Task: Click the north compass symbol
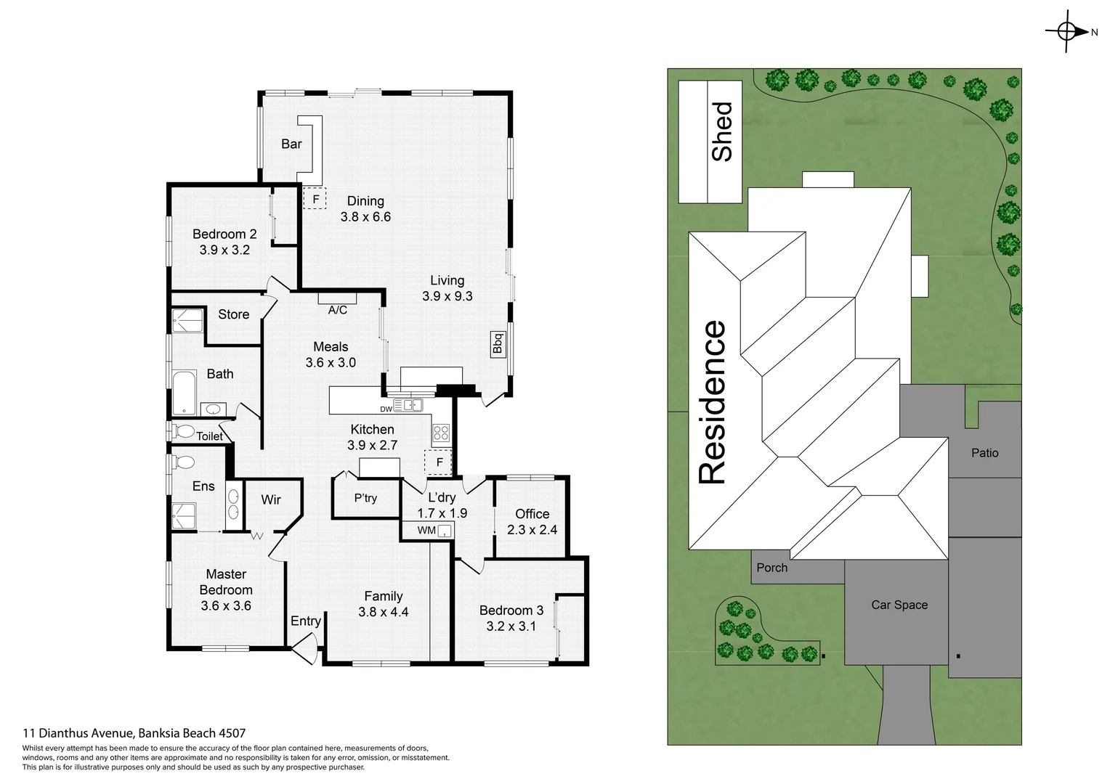[1067, 31]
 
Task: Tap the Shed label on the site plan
[722, 131]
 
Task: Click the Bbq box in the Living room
[498, 343]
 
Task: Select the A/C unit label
[338, 310]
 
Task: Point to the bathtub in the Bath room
[184, 392]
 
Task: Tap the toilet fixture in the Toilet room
[184, 431]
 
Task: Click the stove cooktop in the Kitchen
[441, 434]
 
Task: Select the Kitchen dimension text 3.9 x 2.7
[372, 445]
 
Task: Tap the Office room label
[532, 514]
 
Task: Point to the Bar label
[291, 144]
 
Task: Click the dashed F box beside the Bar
[315, 198]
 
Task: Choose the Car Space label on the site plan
[899, 605]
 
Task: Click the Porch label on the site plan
[771, 568]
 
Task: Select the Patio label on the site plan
[984, 453]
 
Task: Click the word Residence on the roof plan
[713, 402]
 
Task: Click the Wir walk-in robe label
[271, 499]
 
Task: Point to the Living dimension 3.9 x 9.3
[447, 296]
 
